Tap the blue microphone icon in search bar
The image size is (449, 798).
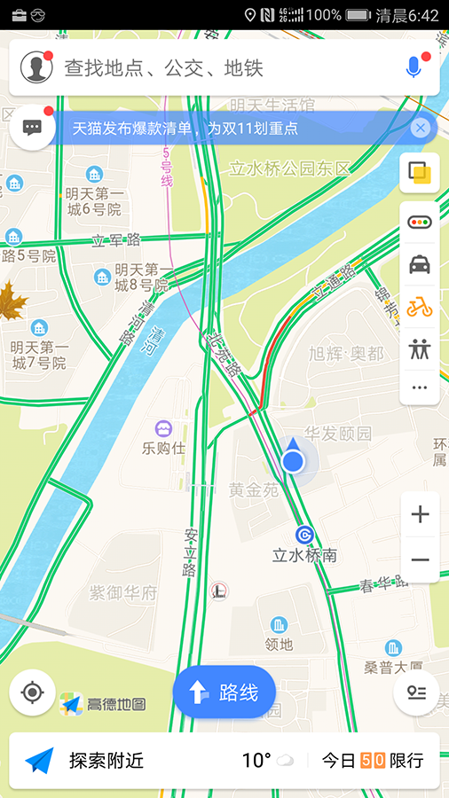coord(413,67)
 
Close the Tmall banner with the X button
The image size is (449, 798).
coord(421,129)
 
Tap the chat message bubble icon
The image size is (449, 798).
coord(33,128)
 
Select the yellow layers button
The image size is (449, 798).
coord(420,173)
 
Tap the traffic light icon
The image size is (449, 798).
coord(420,221)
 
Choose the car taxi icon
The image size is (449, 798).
coord(420,264)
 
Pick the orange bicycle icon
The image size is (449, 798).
coord(420,308)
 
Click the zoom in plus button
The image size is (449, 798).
coord(420,514)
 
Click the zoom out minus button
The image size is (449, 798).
coord(420,559)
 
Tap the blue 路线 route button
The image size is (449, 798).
coord(224,692)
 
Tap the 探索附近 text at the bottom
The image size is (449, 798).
coord(106,760)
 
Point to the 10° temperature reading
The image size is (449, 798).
coord(256,760)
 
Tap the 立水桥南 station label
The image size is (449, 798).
coord(304,556)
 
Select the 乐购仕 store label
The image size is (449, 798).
coord(164,448)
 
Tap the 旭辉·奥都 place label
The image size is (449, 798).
coord(346,353)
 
